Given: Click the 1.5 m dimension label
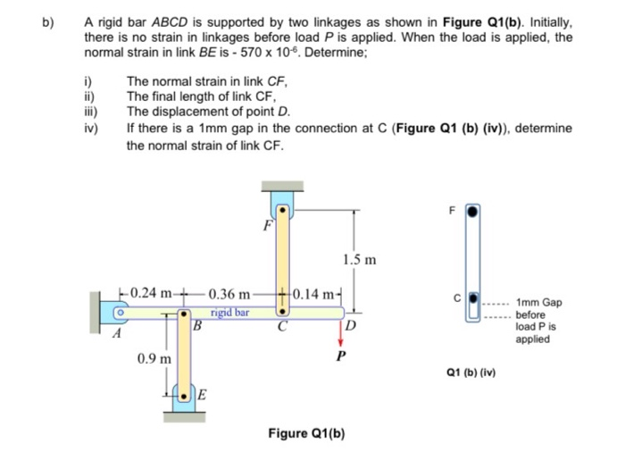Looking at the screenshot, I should [359, 260].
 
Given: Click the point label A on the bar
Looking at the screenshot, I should [115, 333].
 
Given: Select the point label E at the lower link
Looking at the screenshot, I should [203, 395].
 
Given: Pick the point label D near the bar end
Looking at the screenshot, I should [353, 325].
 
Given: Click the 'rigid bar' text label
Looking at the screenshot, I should [229, 313].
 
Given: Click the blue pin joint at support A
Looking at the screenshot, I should [117, 314].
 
